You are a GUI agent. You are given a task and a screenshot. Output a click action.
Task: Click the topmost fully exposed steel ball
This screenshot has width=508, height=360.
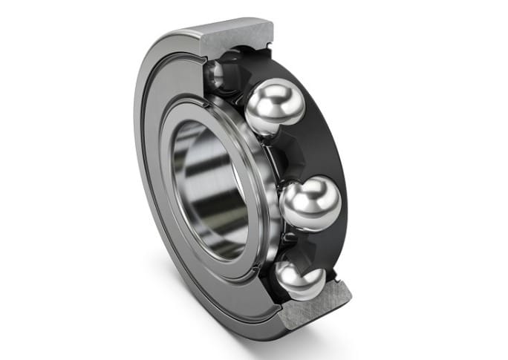(x=274, y=107)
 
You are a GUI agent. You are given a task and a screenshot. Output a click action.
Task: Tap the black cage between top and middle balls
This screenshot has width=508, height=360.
(x=312, y=148)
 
